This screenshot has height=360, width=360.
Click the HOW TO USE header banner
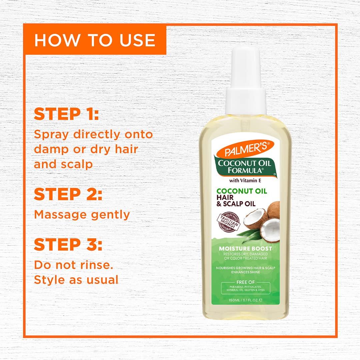[x=95, y=40]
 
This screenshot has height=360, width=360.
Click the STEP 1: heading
[x=66, y=114]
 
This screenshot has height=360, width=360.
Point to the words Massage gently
[x=82, y=215]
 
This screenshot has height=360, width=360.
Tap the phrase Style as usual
[x=76, y=280]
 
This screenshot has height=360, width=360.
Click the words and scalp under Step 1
[x=63, y=164]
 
